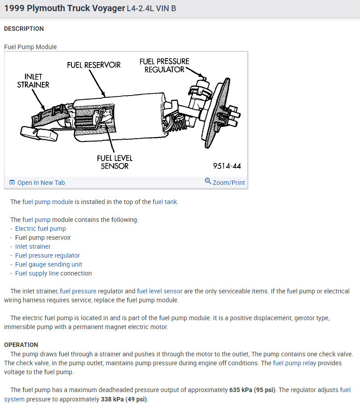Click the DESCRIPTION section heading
24,29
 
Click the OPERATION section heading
21,345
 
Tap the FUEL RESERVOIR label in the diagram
94,65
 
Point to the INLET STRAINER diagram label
33,80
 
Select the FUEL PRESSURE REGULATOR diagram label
164,65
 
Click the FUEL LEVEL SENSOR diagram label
115,162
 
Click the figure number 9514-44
227,166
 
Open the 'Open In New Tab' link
41,183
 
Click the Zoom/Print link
229,183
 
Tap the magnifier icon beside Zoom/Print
208,181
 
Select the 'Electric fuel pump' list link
41,229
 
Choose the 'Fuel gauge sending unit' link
49,264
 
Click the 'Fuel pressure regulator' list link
48,255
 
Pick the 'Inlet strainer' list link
33,246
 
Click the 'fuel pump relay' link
294,363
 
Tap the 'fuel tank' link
165,202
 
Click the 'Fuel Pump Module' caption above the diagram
30,47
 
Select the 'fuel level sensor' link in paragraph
160,291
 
